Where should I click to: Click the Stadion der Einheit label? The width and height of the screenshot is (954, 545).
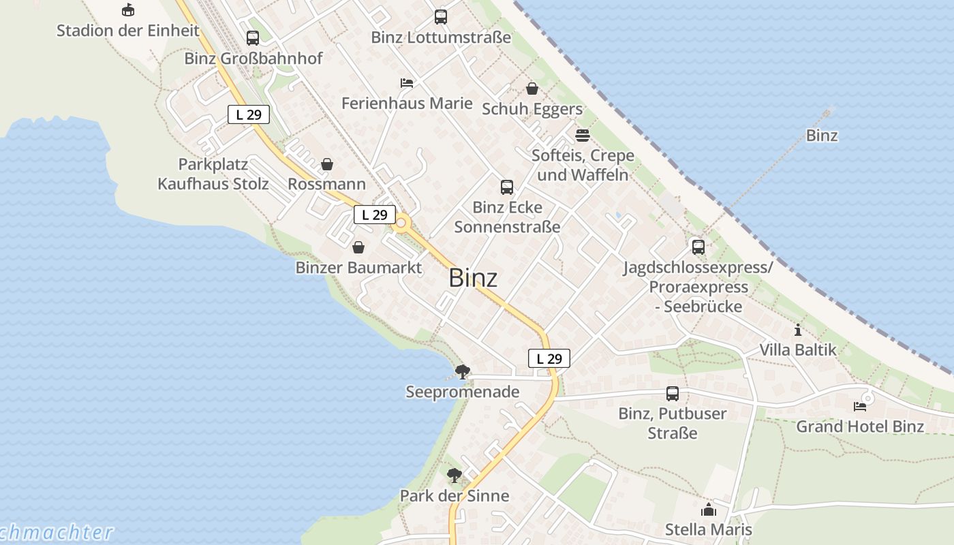[x=127, y=31]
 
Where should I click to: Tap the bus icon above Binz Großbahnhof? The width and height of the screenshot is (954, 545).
[x=253, y=38]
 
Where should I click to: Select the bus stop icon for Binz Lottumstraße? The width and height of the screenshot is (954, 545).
[x=441, y=17]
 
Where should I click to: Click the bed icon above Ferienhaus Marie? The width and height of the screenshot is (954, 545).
[x=407, y=83]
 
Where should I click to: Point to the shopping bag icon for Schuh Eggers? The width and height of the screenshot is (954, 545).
[x=532, y=89]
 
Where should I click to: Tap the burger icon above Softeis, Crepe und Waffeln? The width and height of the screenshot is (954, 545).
[x=582, y=135]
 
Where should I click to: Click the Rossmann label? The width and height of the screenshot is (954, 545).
[x=326, y=184]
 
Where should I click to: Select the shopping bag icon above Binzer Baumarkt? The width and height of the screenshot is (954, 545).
[x=358, y=247]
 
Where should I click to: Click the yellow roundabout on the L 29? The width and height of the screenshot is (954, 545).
[x=401, y=222]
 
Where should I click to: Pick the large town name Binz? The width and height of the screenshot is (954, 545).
[x=473, y=278]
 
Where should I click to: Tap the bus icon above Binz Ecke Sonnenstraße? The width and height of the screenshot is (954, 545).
[x=507, y=187]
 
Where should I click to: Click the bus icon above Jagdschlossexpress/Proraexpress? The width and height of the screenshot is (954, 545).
[x=698, y=247]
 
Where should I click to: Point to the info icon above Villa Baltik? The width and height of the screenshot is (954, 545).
[x=798, y=330]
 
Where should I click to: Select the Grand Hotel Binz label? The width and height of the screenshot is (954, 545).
[x=860, y=426]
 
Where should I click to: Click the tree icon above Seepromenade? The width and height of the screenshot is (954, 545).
[x=463, y=372]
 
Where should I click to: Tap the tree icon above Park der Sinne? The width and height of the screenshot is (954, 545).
[x=455, y=476]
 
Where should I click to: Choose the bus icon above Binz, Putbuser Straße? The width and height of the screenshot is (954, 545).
[x=673, y=393]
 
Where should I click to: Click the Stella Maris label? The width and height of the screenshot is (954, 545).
[x=709, y=529]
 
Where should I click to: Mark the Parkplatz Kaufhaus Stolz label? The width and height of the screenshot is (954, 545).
[x=213, y=174]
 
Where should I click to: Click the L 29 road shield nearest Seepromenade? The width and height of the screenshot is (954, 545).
[x=549, y=358]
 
